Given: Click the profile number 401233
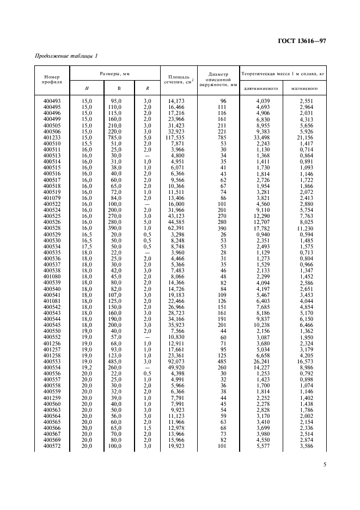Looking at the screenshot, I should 53,138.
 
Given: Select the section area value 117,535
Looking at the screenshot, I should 178,138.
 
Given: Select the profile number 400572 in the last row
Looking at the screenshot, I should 53,447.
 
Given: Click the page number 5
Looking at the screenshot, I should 324,465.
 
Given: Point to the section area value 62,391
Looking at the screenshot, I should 178,228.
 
